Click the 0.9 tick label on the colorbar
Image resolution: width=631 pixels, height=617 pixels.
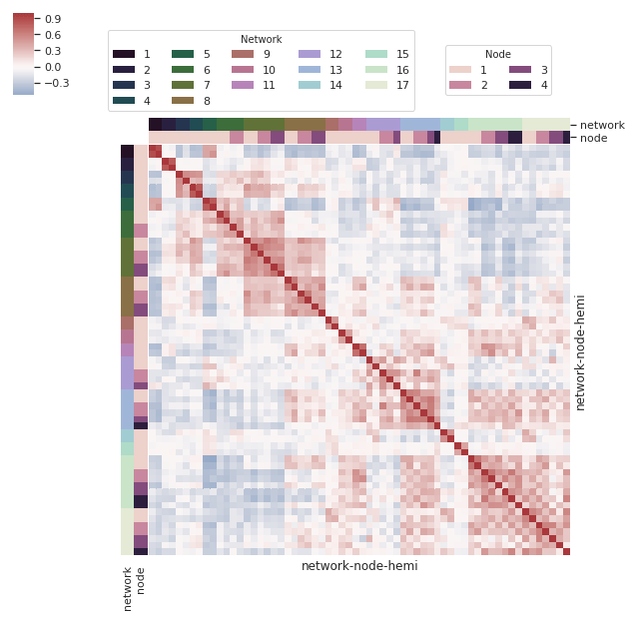pos(54,19)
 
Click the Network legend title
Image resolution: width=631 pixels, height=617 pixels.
pos(261,39)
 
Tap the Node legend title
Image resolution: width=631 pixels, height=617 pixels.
pos(497,54)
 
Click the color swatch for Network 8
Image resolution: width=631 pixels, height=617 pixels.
pos(183,101)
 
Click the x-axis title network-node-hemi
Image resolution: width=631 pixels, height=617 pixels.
pos(359,566)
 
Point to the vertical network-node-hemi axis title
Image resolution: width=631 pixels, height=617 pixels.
pos(580,351)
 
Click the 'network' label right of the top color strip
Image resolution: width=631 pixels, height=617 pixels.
pos(602,125)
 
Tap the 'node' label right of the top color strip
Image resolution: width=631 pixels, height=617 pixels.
pos(594,138)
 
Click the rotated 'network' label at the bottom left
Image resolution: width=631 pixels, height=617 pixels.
pos(128,588)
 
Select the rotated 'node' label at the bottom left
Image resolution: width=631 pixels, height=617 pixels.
pos(141,581)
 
